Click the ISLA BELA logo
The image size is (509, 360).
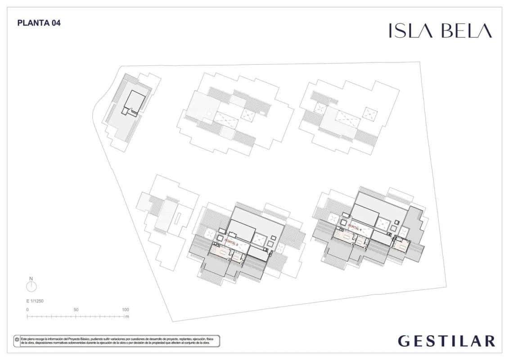tap(440, 31)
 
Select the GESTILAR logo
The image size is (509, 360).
tap(446, 341)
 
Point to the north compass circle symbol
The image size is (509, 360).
tap(32, 287)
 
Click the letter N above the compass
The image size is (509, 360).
tap(32, 279)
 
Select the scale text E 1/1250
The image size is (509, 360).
tap(35, 301)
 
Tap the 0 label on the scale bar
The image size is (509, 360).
tap(27, 310)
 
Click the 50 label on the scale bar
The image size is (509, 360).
tap(76, 310)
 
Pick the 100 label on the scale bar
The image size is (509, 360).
tap(125, 310)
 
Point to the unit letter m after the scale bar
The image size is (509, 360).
tap(127, 317)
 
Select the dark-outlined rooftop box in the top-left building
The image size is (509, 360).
tap(135, 101)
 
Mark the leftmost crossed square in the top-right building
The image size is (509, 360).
tap(321, 108)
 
